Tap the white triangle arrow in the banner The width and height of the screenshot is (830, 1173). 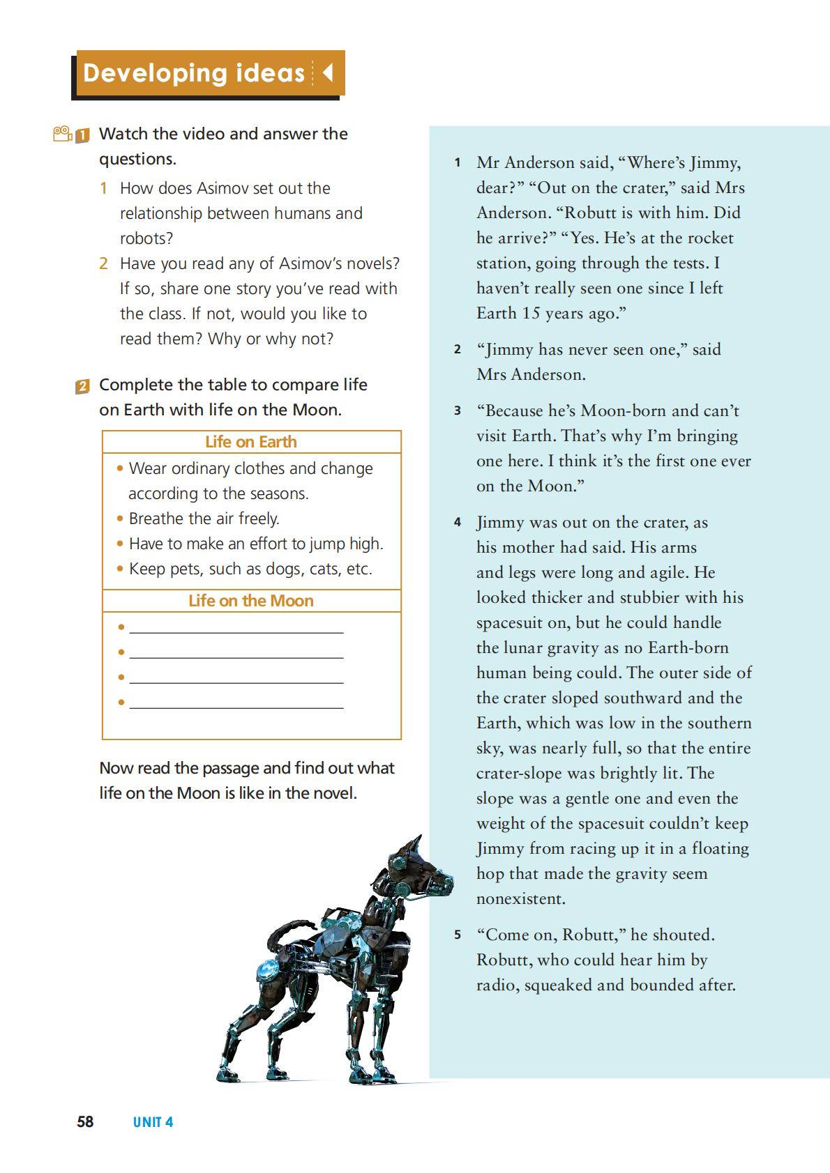(x=327, y=72)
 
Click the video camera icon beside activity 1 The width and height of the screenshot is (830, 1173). (x=63, y=133)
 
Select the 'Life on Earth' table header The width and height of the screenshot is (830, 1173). (x=251, y=442)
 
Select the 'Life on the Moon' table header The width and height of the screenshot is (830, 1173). (x=251, y=601)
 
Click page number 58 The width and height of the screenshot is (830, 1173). (x=85, y=1121)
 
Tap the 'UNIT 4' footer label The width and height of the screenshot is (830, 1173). (x=153, y=1122)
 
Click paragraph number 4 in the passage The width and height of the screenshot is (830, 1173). (x=458, y=522)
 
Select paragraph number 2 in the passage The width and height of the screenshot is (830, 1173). (x=458, y=349)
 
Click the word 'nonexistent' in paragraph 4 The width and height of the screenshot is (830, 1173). (x=521, y=898)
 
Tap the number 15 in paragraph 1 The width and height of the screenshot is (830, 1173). (x=531, y=313)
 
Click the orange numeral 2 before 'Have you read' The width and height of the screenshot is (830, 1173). (x=103, y=263)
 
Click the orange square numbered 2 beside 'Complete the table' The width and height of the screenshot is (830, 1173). (x=82, y=386)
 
